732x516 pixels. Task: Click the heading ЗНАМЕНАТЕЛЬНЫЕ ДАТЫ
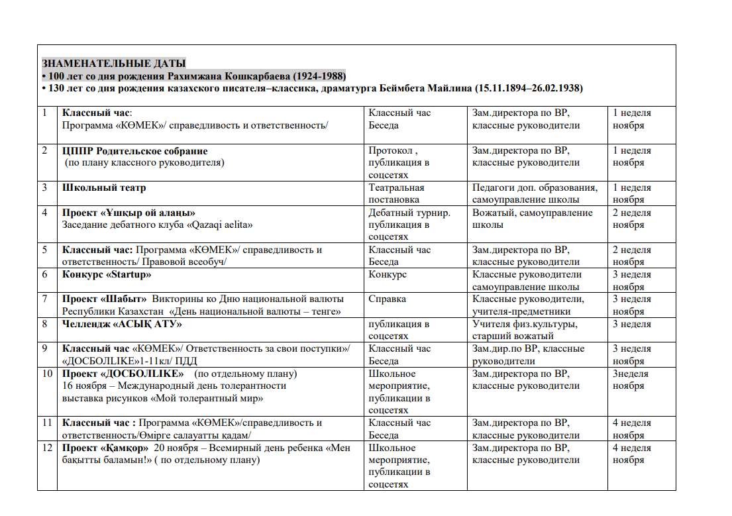114,64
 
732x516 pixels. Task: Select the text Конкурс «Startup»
107,274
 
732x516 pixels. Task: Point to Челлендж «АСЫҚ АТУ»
122,324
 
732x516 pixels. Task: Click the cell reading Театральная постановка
396,193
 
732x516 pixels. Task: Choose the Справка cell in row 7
388,299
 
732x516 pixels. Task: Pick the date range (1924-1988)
320,76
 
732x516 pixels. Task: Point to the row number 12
47,448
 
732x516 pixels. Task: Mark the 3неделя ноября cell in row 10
631,380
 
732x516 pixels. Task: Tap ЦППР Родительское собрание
135,150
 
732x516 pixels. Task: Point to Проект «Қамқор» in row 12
105,448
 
